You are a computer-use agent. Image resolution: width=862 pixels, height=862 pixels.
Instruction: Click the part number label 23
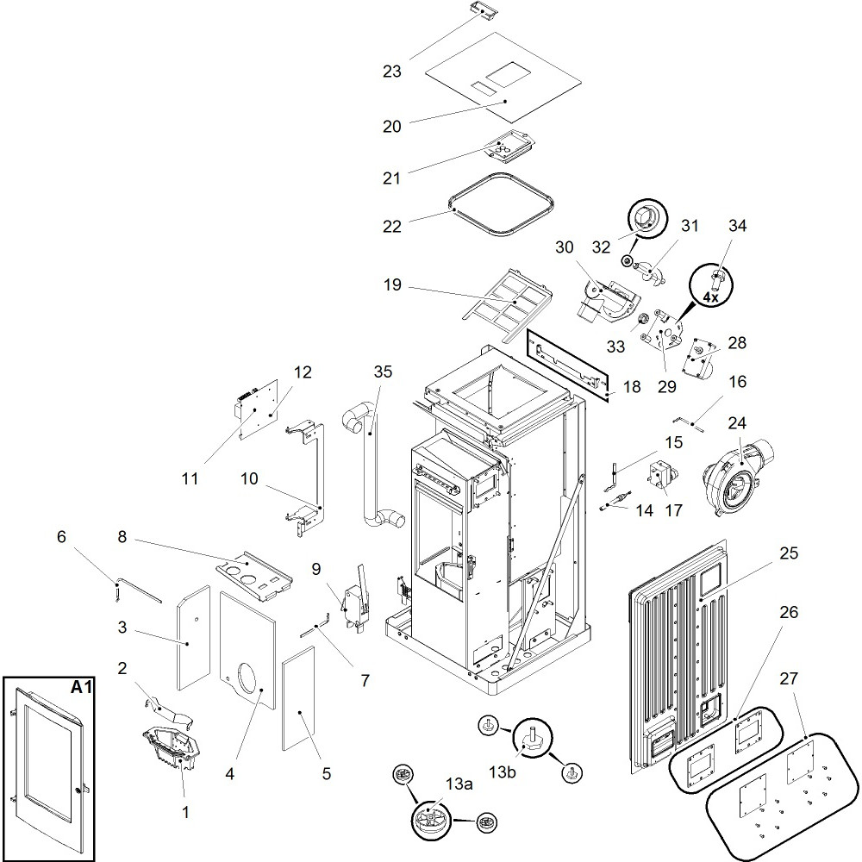[392, 72]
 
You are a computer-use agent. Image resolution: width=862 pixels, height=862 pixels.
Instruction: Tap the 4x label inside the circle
[710, 297]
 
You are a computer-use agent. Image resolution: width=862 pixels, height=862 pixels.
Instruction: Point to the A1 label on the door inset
[82, 689]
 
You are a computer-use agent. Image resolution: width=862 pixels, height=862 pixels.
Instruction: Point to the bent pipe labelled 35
[372, 470]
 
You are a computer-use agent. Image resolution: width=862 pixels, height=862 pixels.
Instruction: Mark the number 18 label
[632, 387]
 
